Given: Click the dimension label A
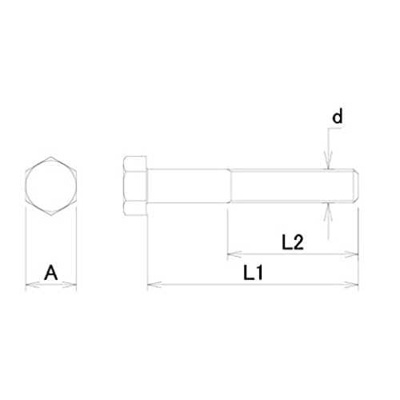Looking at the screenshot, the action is (50, 273).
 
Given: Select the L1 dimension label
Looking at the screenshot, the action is (253, 272).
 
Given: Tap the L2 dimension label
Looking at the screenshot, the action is (293, 242).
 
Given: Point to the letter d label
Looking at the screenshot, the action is (337, 116).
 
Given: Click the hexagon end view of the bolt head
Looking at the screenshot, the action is (51, 186).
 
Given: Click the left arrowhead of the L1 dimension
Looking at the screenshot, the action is (154, 285).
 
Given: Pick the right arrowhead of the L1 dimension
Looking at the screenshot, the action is (351, 285).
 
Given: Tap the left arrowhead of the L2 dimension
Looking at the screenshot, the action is (234, 254).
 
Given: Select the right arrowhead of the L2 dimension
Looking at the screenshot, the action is (351, 254).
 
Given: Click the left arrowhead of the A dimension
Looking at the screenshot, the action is (32, 285).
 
